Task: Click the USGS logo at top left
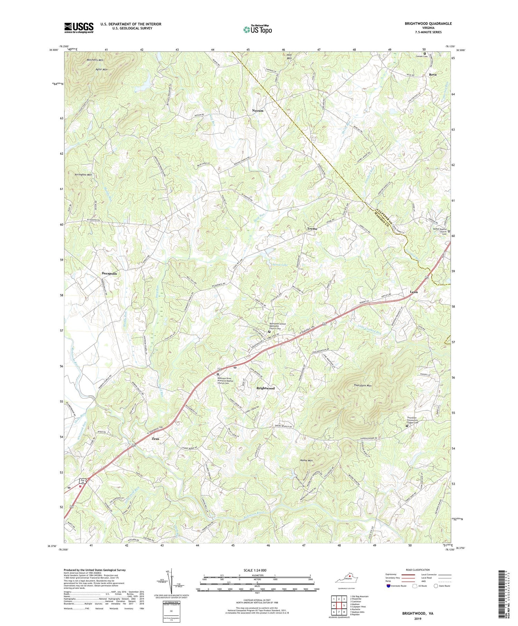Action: (x=79, y=28)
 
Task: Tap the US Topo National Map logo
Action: (x=257, y=29)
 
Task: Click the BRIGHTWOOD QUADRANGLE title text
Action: (x=423, y=24)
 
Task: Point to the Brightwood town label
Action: (x=265, y=388)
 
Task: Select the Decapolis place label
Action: (x=109, y=273)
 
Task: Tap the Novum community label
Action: (x=257, y=111)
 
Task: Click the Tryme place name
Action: (x=312, y=229)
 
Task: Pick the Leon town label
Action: (x=413, y=292)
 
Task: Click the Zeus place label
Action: (x=155, y=439)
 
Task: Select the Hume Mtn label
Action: (x=306, y=461)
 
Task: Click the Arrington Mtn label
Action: (x=83, y=175)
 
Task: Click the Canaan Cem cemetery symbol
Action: (x=425, y=53)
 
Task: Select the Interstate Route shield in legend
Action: (x=388, y=586)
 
